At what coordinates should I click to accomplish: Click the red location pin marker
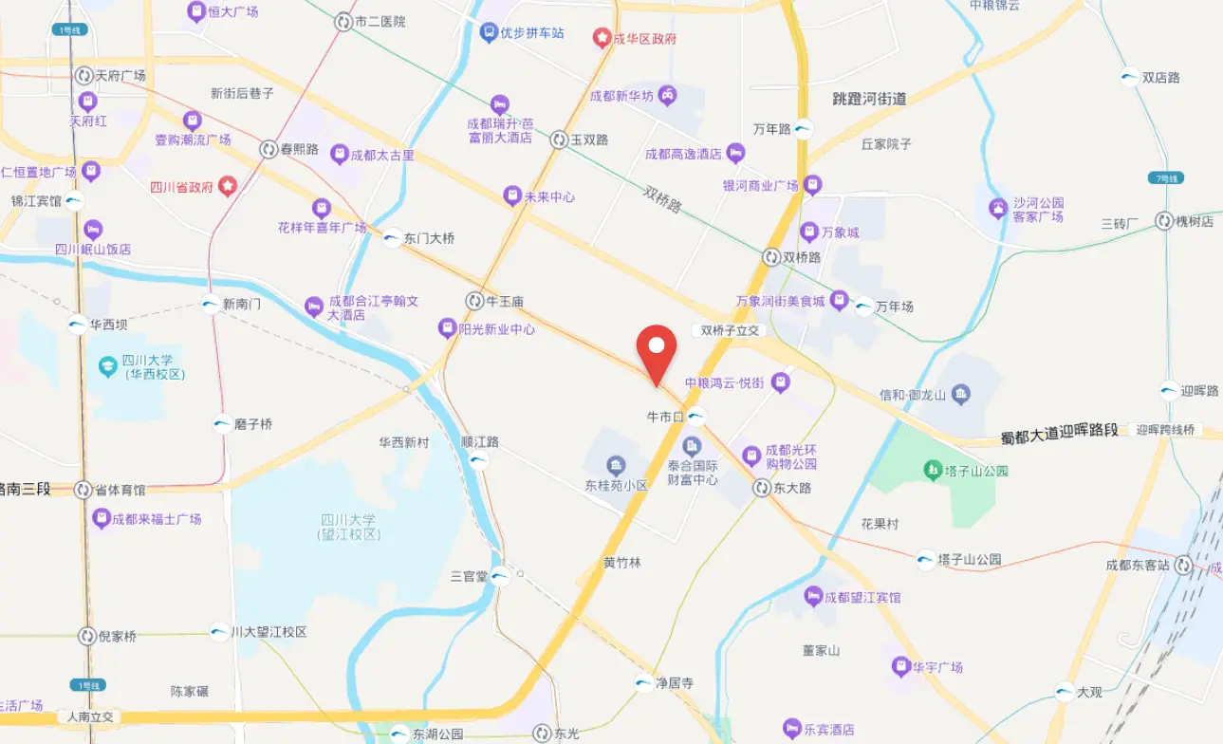point(656,352)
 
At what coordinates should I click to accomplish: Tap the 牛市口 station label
point(664,417)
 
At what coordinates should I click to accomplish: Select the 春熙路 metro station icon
point(269,149)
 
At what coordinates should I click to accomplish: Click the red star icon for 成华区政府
point(602,38)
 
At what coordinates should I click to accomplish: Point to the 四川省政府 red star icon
point(228,186)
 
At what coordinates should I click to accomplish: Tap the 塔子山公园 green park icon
point(934,470)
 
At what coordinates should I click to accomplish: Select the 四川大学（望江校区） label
point(349,527)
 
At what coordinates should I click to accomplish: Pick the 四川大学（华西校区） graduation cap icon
point(108,363)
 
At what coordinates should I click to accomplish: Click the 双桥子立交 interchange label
point(730,330)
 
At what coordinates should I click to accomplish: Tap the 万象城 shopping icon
point(808,231)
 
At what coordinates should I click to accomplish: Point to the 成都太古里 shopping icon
point(339,154)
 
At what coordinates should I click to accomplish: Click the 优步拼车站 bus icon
point(488,33)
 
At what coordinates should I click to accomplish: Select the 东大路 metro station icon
point(761,488)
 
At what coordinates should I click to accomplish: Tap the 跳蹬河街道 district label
point(869,99)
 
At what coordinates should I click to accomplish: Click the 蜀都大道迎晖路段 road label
point(1060,437)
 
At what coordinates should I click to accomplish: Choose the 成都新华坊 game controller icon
point(668,95)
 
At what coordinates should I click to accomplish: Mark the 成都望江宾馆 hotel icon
point(812,597)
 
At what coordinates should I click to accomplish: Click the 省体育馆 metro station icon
point(83,490)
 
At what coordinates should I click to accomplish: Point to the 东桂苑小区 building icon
point(616,465)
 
